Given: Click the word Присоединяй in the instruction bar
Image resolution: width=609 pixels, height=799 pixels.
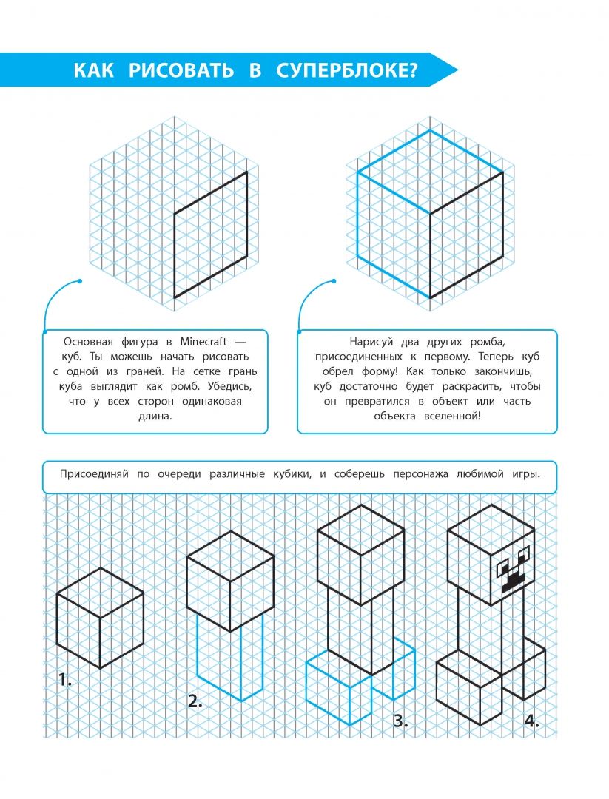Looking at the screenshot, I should [92, 474].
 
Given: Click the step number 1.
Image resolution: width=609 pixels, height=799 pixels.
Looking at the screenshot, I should [64, 680].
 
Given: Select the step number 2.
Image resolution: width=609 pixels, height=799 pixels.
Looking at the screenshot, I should [195, 701].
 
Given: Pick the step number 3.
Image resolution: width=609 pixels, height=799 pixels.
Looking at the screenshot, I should [400, 721].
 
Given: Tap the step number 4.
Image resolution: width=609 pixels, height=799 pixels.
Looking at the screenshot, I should [531, 721].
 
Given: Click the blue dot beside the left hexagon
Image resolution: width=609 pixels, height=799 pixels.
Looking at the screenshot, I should [79, 281].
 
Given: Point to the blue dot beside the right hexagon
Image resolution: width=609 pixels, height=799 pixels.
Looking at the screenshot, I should [335, 281].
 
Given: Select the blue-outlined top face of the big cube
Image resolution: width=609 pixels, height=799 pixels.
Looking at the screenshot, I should [430, 172].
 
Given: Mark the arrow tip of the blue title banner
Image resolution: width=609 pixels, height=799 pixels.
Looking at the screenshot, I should [457, 71].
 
